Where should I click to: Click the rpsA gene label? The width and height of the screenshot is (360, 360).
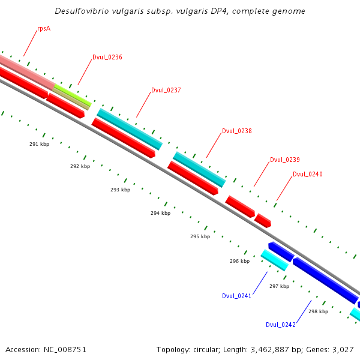click(43, 28)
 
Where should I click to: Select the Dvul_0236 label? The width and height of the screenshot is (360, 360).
click(107, 58)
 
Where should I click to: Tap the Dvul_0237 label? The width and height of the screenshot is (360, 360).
click(166, 91)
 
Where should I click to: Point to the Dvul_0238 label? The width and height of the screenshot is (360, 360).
click(237, 131)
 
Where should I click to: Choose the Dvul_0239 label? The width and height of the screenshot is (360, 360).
click(285, 160)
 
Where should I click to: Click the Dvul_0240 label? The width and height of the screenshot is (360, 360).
click(308, 175)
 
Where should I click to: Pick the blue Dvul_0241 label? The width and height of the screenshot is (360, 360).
click(236, 296)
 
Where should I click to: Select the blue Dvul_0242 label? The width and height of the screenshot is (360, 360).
click(281, 325)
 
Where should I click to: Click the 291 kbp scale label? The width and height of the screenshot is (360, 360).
click(39, 144)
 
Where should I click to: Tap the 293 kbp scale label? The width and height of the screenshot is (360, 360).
click(120, 190)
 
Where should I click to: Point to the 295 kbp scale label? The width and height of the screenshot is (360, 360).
click(200, 236)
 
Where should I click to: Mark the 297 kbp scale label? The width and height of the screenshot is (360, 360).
click(279, 286)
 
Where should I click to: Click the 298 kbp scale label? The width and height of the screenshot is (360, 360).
click(318, 311)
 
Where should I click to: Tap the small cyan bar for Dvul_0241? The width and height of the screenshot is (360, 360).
click(274, 260)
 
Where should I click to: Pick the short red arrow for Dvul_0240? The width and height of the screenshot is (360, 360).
click(263, 220)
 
